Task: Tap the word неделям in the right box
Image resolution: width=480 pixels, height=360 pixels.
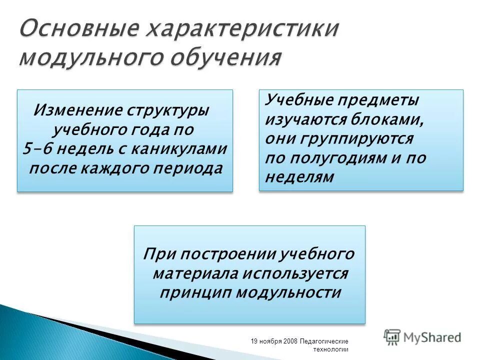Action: (299, 177)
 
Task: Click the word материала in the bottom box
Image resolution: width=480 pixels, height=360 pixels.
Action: (196, 273)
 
